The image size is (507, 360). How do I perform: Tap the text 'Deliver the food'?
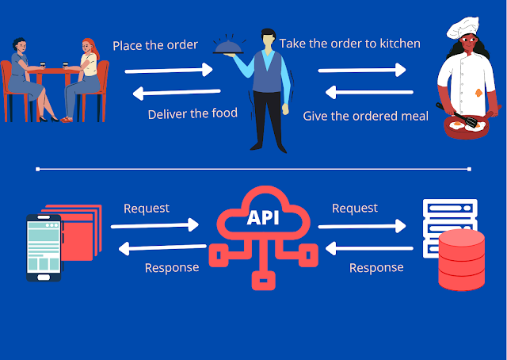click(x=193, y=113)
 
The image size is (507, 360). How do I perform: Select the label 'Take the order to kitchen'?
click(x=349, y=43)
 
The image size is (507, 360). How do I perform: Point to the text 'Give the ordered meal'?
click(x=366, y=116)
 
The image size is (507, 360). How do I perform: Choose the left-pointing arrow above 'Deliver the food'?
click(x=169, y=93)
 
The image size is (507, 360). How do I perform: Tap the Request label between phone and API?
click(x=147, y=209)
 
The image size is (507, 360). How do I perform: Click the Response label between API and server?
click(x=376, y=267)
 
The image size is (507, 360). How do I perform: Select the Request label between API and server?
click(x=355, y=209)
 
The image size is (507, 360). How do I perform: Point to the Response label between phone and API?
click(x=172, y=267)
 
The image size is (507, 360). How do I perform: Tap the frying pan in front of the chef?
click(x=463, y=127)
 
